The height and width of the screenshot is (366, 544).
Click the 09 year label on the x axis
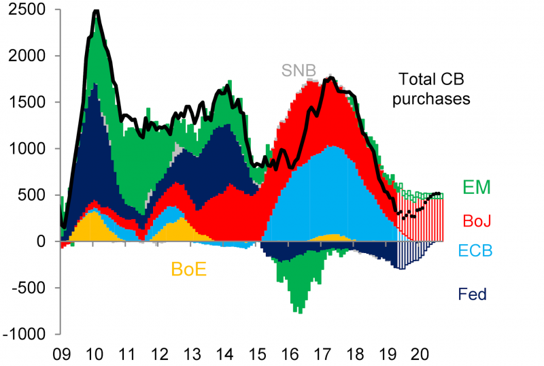point(62,354)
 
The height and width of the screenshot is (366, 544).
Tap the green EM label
point(477,187)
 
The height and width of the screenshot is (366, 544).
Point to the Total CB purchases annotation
point(434,88)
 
